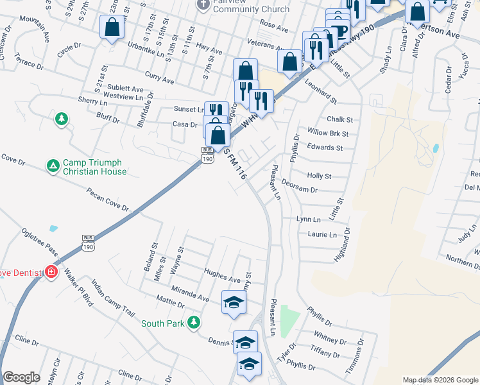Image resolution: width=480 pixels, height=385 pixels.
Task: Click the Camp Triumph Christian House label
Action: (95, 166)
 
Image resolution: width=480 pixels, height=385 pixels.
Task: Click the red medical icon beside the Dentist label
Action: (51, 272)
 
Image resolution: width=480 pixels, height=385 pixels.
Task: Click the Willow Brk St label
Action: (327, 133)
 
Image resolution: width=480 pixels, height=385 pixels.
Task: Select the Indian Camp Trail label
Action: (112, 298)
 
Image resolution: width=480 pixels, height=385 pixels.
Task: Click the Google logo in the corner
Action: (21, 377)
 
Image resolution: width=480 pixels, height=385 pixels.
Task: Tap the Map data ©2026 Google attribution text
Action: (440, 380)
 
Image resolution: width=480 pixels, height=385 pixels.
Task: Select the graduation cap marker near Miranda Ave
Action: (234, 302)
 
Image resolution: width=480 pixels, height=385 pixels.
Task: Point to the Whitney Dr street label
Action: (330, 336)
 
